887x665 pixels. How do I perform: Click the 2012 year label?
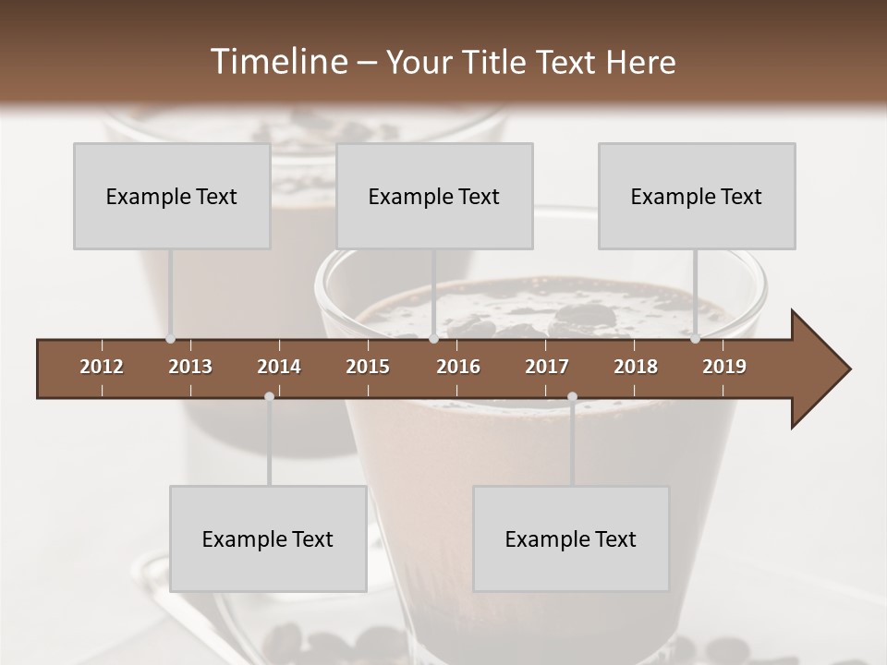point(102,367)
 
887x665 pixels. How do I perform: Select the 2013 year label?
point(190,367)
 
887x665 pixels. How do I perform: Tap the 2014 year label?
point(279,367)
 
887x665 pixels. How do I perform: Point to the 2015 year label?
point(368,367)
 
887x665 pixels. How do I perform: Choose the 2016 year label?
point(458,367)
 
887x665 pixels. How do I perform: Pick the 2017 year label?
point(547,367)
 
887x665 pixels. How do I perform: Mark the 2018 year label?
point(636,367)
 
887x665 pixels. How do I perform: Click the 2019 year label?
point(724,367)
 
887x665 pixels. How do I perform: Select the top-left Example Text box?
point(172,197)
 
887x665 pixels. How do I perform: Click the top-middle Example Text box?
point(434,197)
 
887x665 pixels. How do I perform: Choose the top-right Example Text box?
point(697,197)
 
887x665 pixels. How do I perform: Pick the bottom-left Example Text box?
point(268,539)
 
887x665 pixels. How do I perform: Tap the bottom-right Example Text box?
point(571,539)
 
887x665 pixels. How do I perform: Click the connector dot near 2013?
point(170,339)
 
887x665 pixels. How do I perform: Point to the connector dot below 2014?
point(269,396)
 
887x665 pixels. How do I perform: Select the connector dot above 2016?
point(433,339)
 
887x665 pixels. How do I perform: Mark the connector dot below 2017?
point(572,397)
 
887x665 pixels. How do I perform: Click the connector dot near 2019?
point(695,339)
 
